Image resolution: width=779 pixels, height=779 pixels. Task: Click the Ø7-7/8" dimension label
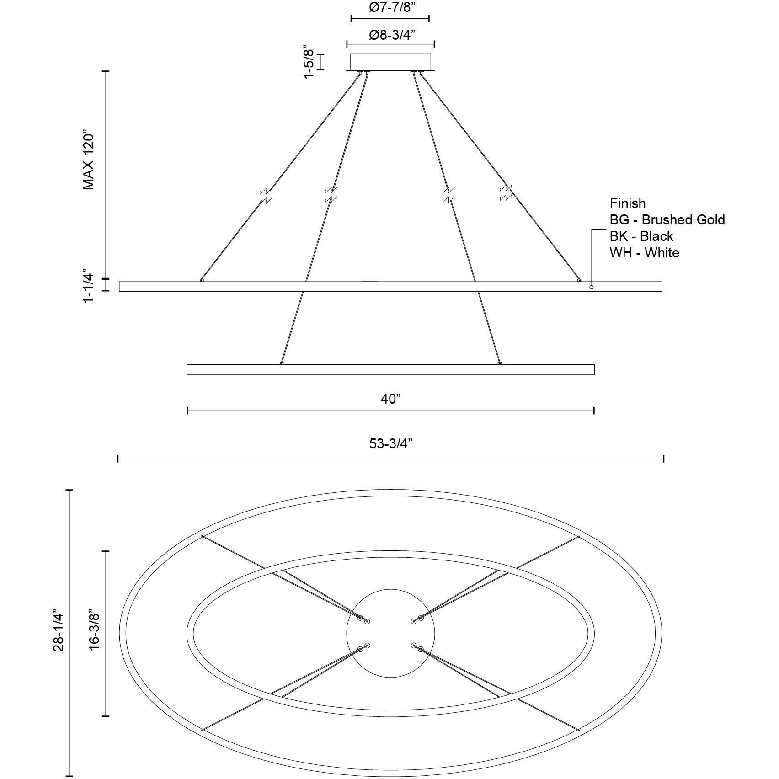tap(390, 8)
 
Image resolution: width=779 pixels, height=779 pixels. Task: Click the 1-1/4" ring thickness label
tap(89, 287)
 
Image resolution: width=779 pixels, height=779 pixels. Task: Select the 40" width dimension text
tap(390, 399)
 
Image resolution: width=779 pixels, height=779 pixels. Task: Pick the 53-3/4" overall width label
tap(391, 443)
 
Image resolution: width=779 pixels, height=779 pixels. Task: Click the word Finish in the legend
tap(627, 203)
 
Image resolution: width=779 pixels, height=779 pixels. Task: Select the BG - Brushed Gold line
tap(667, 220)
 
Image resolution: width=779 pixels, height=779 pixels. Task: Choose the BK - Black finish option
tap(641, 236)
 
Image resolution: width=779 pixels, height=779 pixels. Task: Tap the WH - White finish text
tap(644, 253)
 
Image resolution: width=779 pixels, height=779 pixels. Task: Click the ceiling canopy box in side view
tap(390, 62)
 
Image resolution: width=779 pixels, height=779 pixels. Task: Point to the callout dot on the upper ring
tap(591, 287)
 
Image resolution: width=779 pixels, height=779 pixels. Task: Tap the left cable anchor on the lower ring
tap(282, 363)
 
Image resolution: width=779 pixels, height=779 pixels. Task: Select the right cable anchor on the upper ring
tap(579, 280)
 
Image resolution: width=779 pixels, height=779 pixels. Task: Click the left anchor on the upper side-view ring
tap(202, 280)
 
